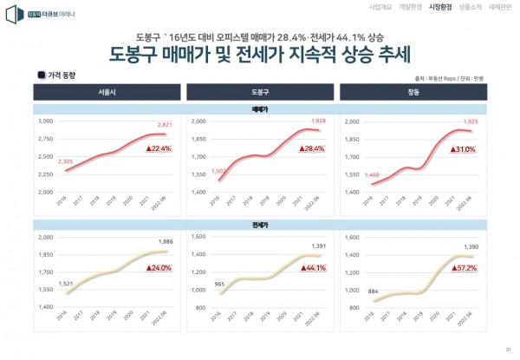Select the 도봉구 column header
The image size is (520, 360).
(260, 90)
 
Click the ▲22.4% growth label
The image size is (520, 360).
(158, 149)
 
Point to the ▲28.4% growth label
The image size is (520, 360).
(312, 149)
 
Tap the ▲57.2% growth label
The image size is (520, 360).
(465, 268)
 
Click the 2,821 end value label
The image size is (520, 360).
(165, 124)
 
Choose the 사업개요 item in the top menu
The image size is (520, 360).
(380, 7)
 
